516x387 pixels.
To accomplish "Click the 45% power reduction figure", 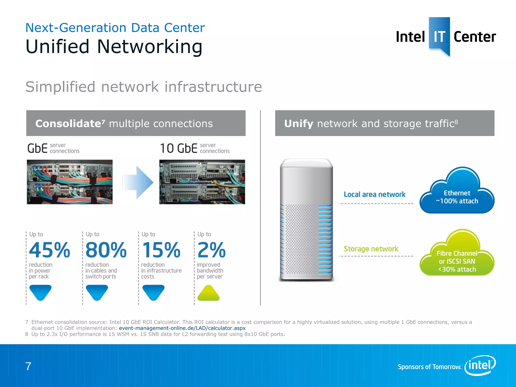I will click(x=49, y=250).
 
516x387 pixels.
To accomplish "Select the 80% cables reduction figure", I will click(x=106, y=250).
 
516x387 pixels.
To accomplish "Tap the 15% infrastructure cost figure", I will click(x=161, y=250).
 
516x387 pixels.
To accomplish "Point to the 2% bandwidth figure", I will click(x=211, y=250).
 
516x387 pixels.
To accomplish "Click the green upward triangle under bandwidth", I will click(x=208, y=293).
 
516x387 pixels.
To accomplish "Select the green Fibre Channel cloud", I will click(x=457, y=257).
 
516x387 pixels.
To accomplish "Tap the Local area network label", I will click(x=375, y=195).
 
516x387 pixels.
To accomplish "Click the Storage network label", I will click(x=371, y=249).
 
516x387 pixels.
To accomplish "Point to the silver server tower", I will click(x=306, y=219).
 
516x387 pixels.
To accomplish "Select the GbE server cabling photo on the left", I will click(x=70, y=182).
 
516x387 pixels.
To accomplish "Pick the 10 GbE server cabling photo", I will click(x=202, y=182).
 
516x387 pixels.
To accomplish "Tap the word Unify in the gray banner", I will click(x=299, y=124).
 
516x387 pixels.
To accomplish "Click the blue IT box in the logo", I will click(x=439, y=35).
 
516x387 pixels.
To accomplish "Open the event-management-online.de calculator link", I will click(x=182, y=328).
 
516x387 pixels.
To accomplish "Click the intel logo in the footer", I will click(x=480, y=365).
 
